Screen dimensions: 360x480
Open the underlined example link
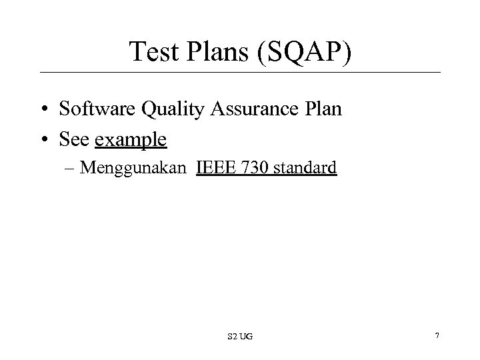(131, 141)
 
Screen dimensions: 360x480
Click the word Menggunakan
(134, 169)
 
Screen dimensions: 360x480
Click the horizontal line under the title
(240, 72)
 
